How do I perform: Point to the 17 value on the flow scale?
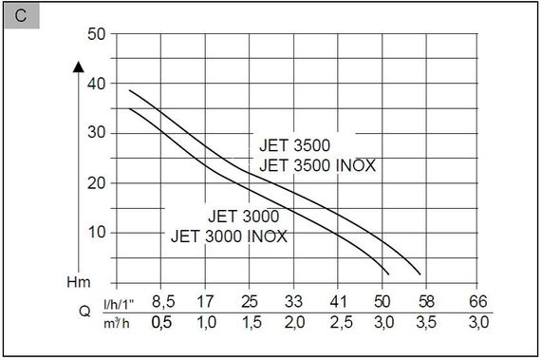(205, 304)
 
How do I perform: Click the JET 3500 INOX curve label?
(317, 165)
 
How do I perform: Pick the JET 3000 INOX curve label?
(229, 235)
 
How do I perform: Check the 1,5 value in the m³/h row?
(250, 324)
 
